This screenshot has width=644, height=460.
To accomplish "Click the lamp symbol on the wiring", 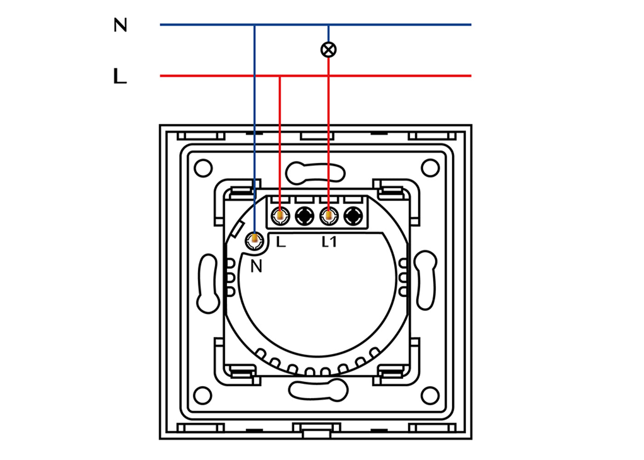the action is (x=328, y=50).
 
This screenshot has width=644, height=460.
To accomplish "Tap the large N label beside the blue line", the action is (x=121, y=25).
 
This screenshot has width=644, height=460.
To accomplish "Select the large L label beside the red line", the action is (x=120, y=76).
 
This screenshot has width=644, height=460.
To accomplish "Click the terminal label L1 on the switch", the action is (x=329, y=242).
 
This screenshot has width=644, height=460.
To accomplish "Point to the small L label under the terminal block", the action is (x=281, y=242).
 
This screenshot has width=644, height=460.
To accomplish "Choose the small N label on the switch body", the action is (x=256, y=266).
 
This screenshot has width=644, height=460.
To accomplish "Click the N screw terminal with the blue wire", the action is (x=254, y=240).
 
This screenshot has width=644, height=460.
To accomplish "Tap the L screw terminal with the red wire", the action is (x=280, y=216).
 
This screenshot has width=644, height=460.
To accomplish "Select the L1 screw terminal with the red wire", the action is (x=329, y=216).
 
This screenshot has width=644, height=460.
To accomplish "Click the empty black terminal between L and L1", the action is (x=305, y=216).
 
